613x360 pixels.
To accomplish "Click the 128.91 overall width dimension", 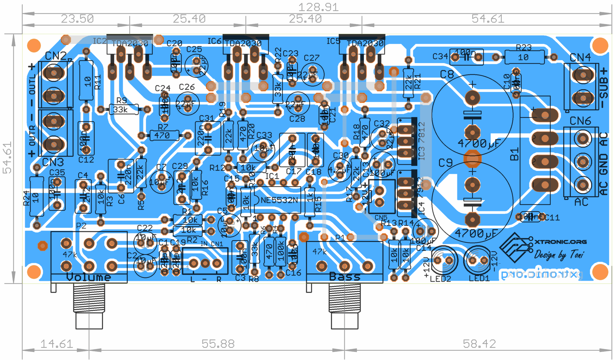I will (x=318, y=7).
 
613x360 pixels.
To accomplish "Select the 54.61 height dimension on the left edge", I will (x=7, y=158).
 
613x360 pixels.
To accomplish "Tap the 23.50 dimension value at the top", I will (x=77, y=19).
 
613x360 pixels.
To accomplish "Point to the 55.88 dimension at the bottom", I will (x=218, y=344).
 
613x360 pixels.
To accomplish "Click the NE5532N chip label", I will (x=279, y=200).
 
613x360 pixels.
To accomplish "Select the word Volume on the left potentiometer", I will (x=89, y=277).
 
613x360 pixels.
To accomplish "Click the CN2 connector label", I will (x=56, y=56).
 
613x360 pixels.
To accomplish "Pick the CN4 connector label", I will (x=580, y=57).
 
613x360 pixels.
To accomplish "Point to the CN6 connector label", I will (x=580, y=121).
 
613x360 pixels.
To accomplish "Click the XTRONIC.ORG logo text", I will (x=560, y=242).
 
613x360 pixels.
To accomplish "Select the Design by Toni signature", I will (x=559, y=255).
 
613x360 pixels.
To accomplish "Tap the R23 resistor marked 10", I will (x=524, y=57).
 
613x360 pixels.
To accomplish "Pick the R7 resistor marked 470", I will (x=164, y=136).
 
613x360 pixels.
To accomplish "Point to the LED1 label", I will (x=479, y=278).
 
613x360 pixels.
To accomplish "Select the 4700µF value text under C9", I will (x=476, y=233).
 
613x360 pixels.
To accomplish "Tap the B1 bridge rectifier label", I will (x=514, y=154).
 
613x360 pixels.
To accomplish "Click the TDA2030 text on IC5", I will (x=365, y=44).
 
